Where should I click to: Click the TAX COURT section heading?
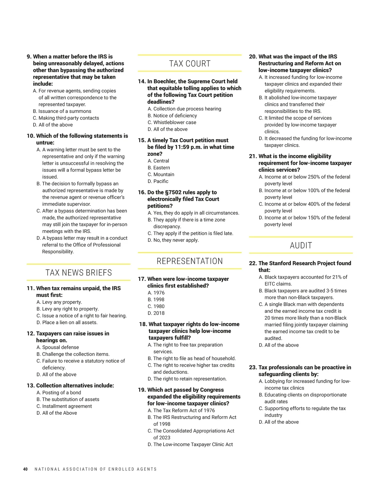click(190, 64)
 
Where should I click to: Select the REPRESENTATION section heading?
click(190, 261)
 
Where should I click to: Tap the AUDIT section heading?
click(301, 246)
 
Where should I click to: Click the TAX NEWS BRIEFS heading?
click(79, 273)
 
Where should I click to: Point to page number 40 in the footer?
click(25, 469)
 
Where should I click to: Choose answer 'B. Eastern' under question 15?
click(159, 168)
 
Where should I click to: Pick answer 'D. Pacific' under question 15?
click(158, 181)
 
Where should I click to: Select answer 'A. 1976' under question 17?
click(156, 293)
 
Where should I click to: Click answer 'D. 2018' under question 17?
click(156, 313)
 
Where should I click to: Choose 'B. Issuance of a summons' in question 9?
click(62, 111)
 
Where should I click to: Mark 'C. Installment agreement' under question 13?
click(64, 406)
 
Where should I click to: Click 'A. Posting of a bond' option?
click(59, 393)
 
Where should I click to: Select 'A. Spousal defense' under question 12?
click(58, 347)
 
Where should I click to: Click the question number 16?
click(142, 192)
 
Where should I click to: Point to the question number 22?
click(253, 263)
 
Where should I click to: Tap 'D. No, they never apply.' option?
click(173, 240)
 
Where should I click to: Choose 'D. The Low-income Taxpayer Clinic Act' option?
click(190, 445)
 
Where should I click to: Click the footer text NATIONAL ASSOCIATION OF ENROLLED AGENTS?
click(96, 469)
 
